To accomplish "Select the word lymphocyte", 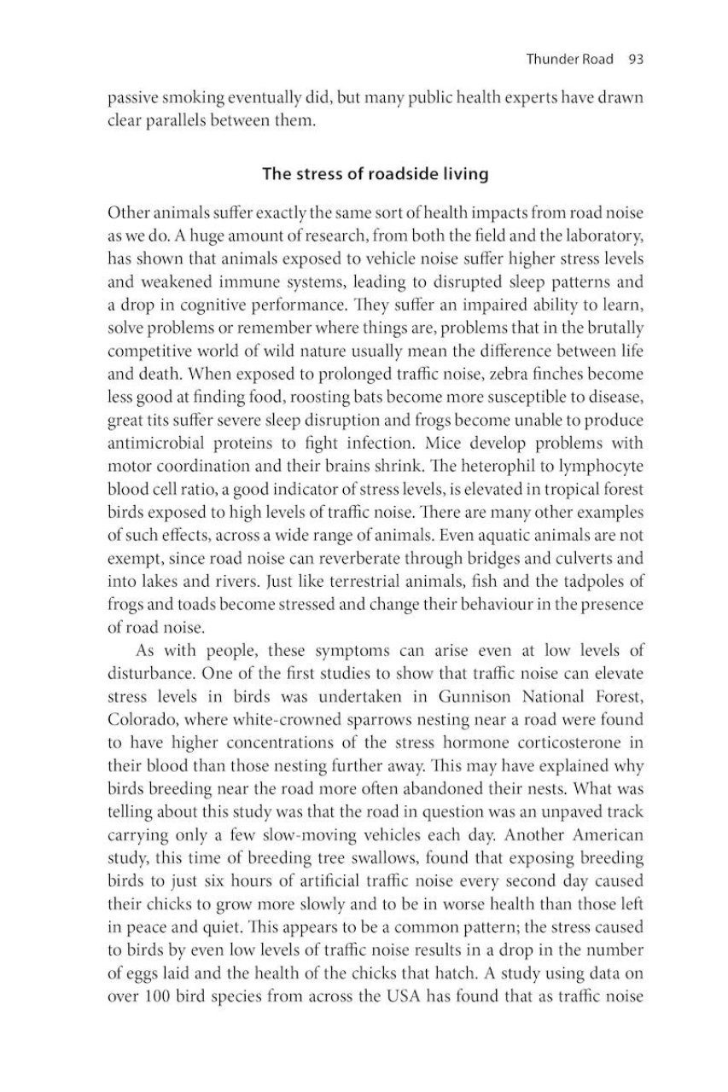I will click(x=597, y=467).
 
